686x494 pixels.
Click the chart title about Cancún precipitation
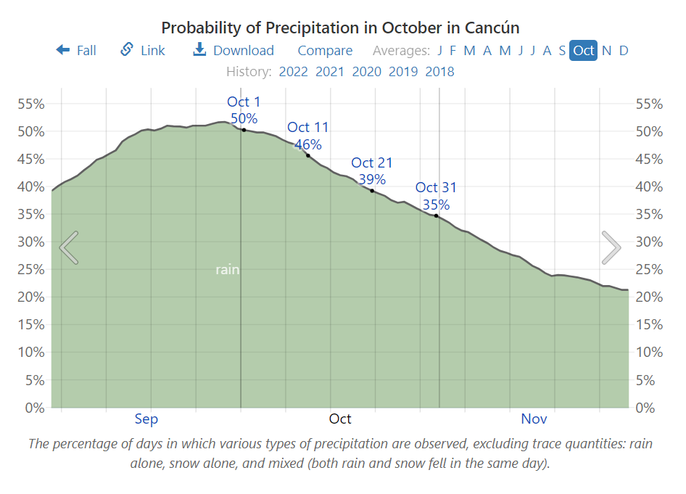[340, 28]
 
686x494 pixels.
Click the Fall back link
[76, 50]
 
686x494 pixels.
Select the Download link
[234, 50]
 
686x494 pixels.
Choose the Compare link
[325, 50]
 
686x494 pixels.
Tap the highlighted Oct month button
[583, 50]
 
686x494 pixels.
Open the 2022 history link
[293, 71]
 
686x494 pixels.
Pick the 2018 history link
[439, 71]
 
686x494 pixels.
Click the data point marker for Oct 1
[244, 130]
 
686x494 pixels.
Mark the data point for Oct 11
[308, 155]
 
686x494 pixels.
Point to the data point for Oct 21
[372, 191]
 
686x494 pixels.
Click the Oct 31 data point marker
[436, 215]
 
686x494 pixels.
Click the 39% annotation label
[372, 179]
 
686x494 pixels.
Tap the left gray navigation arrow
[69, 247]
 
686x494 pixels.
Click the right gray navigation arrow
[611, 247]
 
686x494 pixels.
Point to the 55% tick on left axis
[30, 104]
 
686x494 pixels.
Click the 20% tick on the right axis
[649, 297]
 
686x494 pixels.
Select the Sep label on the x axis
[146, 419]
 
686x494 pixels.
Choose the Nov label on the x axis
[534, 419]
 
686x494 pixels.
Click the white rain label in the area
[227, 270]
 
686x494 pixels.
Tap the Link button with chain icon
[142, 50]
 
